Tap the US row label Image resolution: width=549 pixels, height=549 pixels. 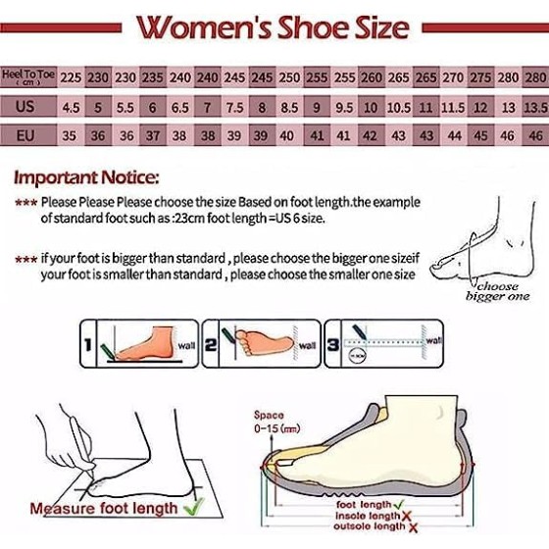[26, 106]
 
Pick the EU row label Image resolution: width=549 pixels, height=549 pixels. [26, 135]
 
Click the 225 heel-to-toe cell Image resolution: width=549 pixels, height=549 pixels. [71, 76]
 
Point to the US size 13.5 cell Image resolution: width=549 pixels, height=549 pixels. [535, 107]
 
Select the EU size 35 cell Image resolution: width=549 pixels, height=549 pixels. [71, 136]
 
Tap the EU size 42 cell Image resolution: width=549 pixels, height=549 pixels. [372, 136]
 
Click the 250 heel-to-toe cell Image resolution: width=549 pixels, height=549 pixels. [289, 76]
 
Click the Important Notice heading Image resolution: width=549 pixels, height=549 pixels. [85, 177]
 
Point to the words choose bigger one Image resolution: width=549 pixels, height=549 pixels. [498, 291]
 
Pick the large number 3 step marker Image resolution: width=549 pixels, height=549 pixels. [332, 345]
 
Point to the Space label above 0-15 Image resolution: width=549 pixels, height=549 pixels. [269, 415]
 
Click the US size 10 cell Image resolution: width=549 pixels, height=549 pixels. [372, 107]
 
